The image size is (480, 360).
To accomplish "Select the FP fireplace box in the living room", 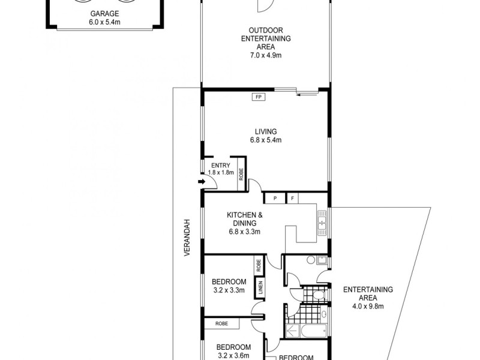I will pos(259,97).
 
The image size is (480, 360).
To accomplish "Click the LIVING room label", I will pos(265,131).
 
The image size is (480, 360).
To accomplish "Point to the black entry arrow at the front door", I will pos(200,184).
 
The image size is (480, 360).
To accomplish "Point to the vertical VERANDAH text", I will pos(187,238).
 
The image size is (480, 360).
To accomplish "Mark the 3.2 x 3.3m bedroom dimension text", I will pos(229,291).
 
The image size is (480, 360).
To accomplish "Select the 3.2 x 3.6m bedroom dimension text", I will pos(233,356).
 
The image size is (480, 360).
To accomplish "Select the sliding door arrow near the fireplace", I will pos(307,93).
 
